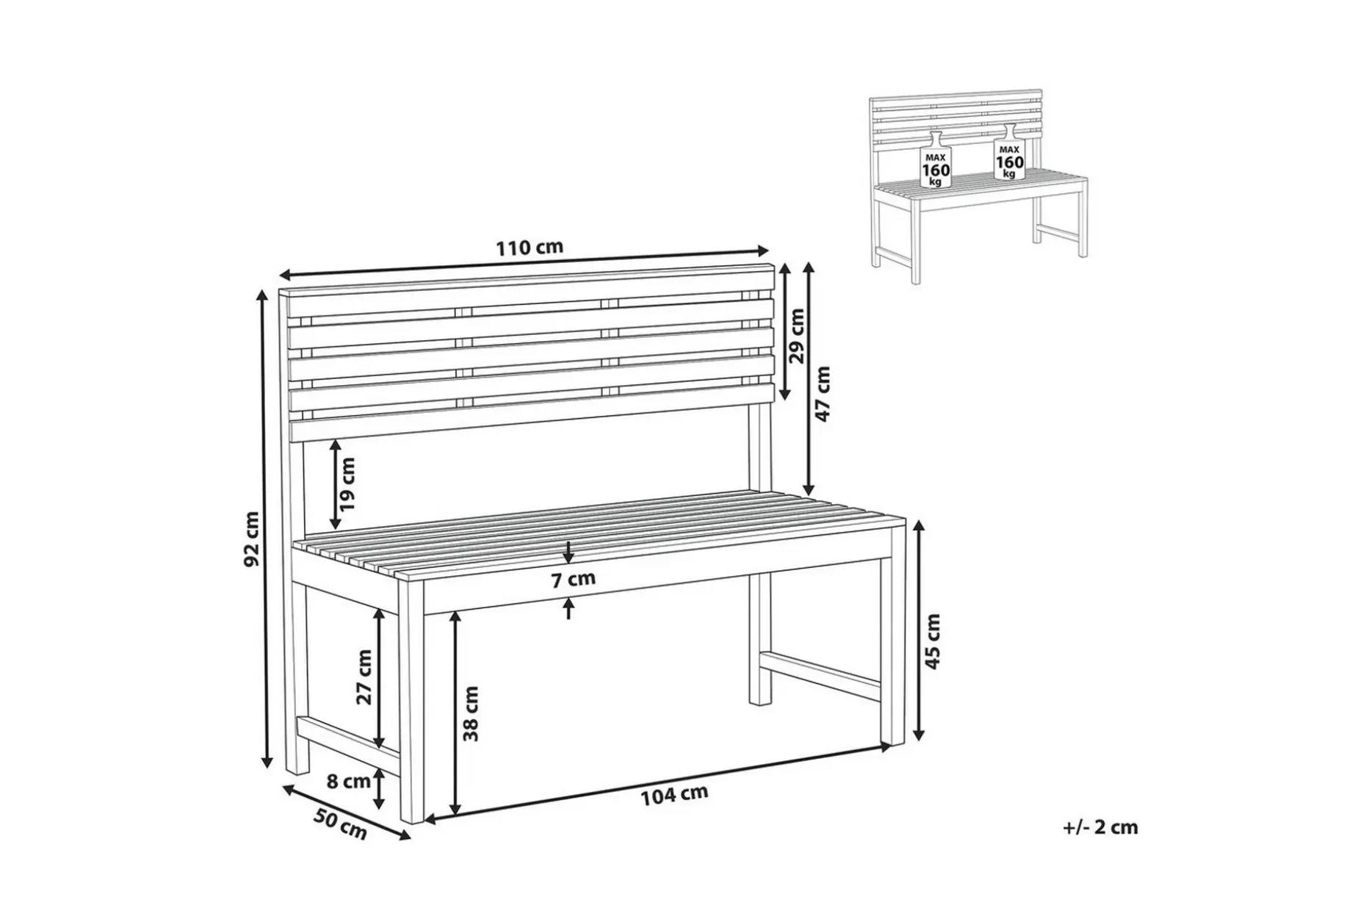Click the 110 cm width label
click(x=530, y=248)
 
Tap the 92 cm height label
click(x=251, y=539)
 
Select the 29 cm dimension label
click(x=797, y=336)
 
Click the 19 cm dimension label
click(x=347, y=484)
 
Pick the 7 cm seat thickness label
click(x=574, y=579)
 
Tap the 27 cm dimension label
click(x=364, y=677)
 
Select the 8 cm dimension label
click(x=348, y=782)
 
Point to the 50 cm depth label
click(x=340, y=824)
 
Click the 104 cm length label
click(x=674, y=795)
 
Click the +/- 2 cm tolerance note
click(x=1100, y=827)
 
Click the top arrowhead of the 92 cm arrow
click(x=263, y=295)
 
